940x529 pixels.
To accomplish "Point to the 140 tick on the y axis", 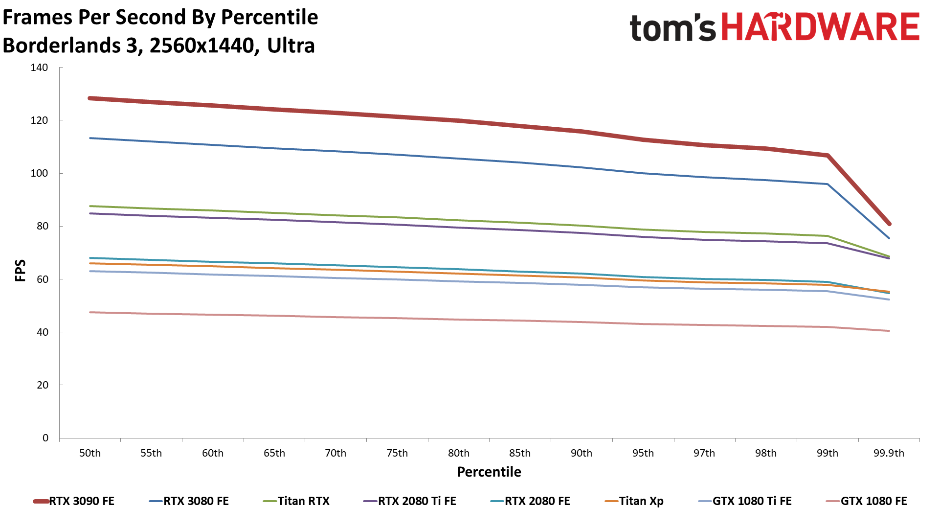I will pos(39,68).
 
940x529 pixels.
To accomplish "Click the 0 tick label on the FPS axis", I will pos(45,438).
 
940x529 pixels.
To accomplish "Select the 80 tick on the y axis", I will pos(42,226).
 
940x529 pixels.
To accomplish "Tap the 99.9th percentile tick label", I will pos(889,453).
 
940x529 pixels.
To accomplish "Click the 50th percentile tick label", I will pos(90,453).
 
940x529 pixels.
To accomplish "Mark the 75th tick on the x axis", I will pos(397,453).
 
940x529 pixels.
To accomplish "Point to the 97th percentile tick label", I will pos(704,453).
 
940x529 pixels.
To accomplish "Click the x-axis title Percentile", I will pos(489,472).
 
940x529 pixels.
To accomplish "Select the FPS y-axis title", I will pos(20,271).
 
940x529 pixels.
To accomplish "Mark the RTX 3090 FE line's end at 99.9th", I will pos(889,224).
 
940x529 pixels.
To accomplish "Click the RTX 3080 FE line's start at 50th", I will pos(90,138).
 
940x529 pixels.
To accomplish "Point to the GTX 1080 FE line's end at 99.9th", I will pos(889,331).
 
